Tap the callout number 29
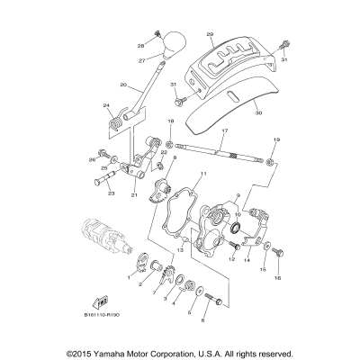tap(209, 34)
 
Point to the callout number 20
tap(122, 86)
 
